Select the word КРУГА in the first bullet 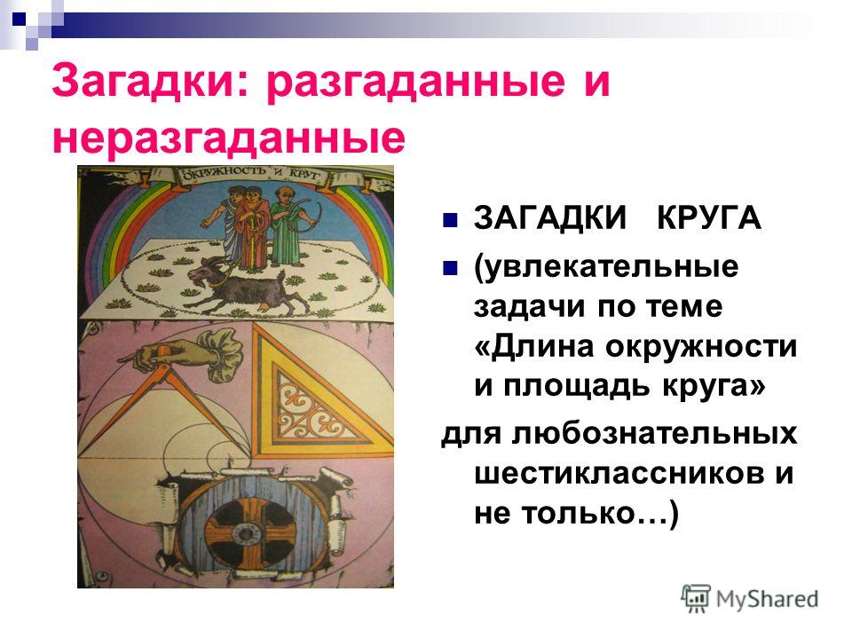pos(708,218)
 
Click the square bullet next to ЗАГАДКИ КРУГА pos(449,220)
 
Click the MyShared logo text pos(767,599)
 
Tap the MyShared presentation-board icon pos(696,598)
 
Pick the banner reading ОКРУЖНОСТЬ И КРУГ pos(251,176)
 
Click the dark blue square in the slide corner pos(19,20)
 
